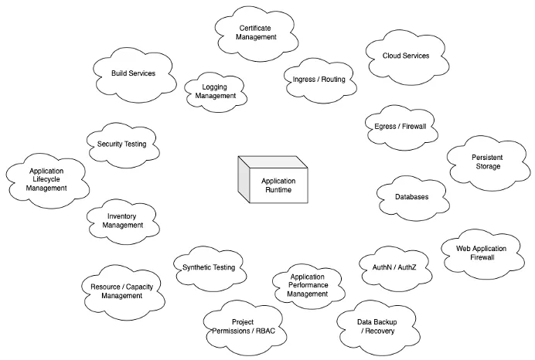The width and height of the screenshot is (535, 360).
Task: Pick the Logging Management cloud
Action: click(215, 92)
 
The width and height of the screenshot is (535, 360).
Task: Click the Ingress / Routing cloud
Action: click(319, 79)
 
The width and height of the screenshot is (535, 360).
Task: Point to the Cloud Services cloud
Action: click(406, 56)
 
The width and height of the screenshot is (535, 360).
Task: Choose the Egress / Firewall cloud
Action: click(400, 126)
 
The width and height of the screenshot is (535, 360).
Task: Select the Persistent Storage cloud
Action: click(486, 162)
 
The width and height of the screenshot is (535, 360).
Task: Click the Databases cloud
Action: click(411, 197)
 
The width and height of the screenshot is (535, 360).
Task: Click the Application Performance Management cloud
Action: click(307, 285)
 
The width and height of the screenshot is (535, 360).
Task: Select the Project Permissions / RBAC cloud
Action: click(243, 327)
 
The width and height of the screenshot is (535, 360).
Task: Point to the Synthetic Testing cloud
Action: click(209, 267)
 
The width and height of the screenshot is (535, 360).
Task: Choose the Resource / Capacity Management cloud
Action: click(121, 290)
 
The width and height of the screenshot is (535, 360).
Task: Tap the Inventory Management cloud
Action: click(124, 221)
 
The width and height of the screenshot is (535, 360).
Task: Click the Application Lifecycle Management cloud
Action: click(46, 179)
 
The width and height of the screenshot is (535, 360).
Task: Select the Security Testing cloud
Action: click(121, 144)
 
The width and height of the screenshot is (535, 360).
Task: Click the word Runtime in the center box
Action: click(278, 189)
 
